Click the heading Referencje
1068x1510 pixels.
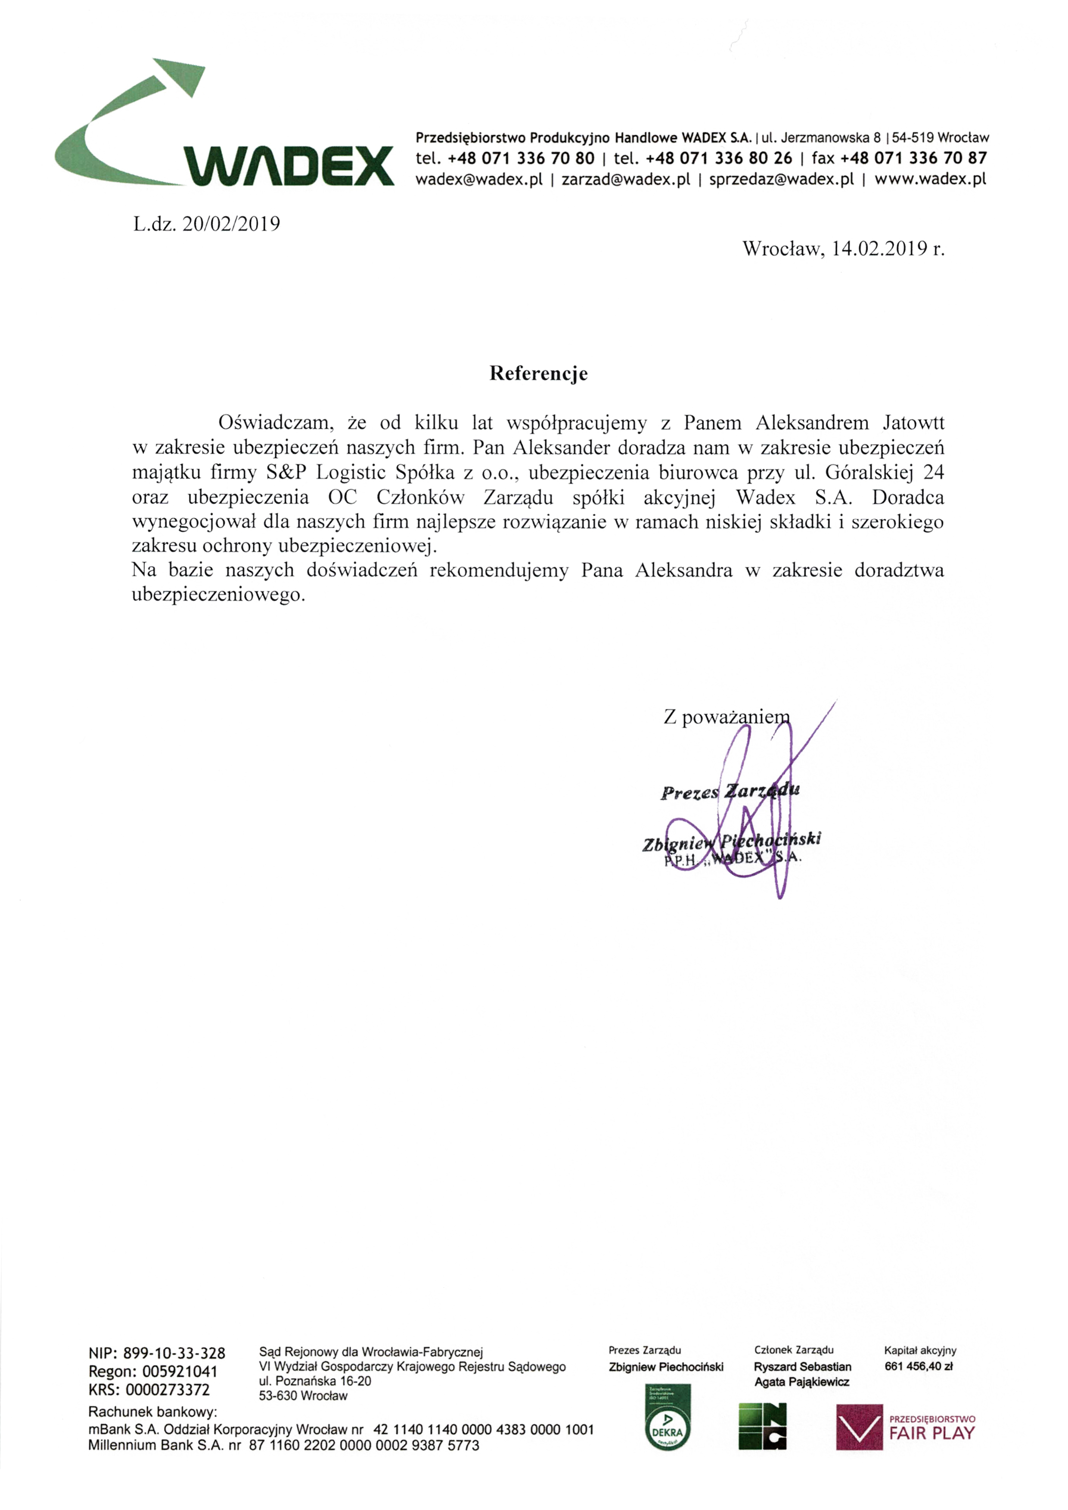pos(538,374)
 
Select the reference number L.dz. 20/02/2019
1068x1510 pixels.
pos(207,224)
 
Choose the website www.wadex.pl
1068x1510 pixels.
pos(930,179)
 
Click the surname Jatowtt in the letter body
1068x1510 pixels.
pos(913,422)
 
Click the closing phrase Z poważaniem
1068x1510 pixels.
pos(726,717)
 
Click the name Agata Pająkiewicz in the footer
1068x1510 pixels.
pos(802,1382)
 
